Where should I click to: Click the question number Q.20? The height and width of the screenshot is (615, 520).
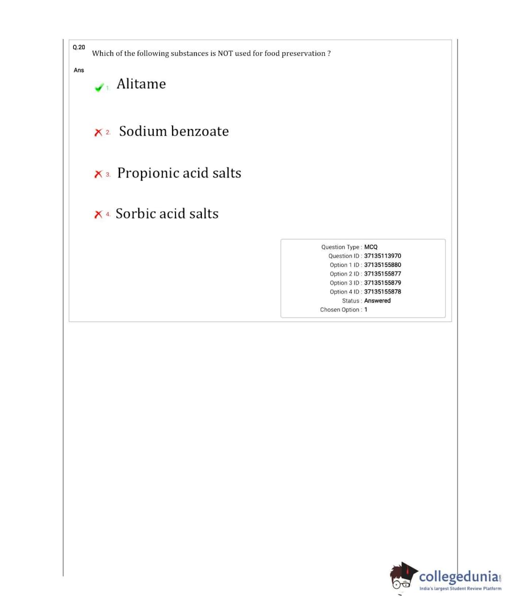pyautogui.click(x=79, y=47)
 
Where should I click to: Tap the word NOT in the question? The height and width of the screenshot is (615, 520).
pyautogui.click(x=225, y=53)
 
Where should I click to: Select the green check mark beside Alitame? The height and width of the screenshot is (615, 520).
pyautogui.click(x=99, y=87)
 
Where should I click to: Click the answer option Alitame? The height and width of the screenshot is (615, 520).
pyautogui.click(x=141, y=84)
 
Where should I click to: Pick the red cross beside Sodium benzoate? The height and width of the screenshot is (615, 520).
pyautogui.click(x=98, y=132)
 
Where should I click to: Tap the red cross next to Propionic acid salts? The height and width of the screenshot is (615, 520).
pyautogui.click(x=98, y=174)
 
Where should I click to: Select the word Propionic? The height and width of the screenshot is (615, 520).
pyautogui.click(x=148, y=173)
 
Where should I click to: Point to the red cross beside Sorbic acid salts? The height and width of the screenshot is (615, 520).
pyautogui.click(x=98, y=215)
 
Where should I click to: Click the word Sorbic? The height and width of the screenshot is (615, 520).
pyautogui.click(x=135, y=214)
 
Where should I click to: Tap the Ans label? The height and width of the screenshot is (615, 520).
pyautogui.click(x=79, y=70)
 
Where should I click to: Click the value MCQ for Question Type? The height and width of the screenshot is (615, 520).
pyautogui.click(x=371, y=247)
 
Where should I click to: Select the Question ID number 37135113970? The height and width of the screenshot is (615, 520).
pyautogui.click(x=383, y=256)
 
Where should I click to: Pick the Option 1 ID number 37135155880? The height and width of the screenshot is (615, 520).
pyautogui.click(x=383, y=265)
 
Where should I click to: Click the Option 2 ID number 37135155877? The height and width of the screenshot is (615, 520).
pyautogui.click(x=383, y=274)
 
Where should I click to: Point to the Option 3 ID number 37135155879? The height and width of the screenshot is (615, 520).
pyautogui.click(x=383, y=283)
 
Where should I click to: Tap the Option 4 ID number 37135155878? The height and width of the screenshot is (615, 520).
pyautogui.click(x=383, y=292)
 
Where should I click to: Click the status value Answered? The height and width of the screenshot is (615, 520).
pyautogui.click(x=377, y=301)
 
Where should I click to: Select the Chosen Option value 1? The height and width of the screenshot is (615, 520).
pyautogui.click(x=366, y=310)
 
